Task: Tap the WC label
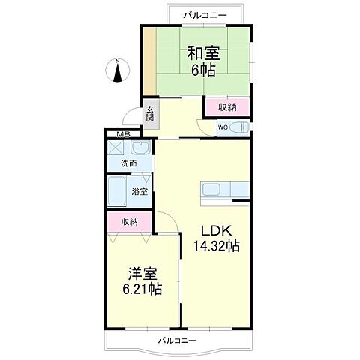click(x=223, y=127)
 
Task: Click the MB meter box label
click(x=115, y=135)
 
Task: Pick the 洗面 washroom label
click(x=128, y=163)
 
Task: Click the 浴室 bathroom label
click(x=139, y=192)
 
